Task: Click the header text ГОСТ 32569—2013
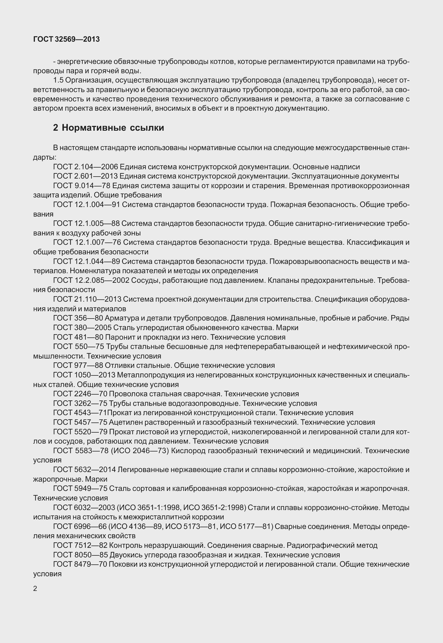pos(66,39)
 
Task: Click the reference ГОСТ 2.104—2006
pos(86,167)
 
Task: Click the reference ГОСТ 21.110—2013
pos(87,299)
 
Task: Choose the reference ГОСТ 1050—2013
pos(84,375)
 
